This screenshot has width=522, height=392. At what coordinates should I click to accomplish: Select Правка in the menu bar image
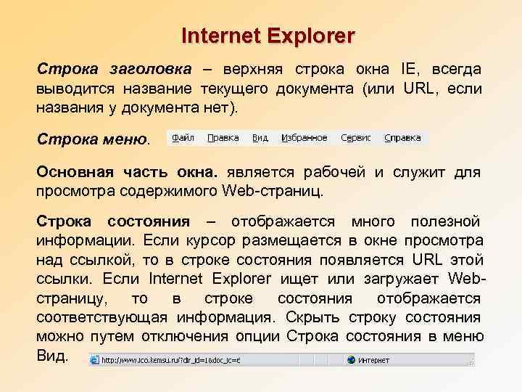tap(223, 137)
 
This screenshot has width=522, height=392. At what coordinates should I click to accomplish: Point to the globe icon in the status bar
tap(352, 360)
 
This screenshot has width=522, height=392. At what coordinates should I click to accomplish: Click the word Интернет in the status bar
tap(374, 360)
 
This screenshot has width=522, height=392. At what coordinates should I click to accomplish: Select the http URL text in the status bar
tap(171, 360)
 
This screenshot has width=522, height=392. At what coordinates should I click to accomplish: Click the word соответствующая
tap(102, 317)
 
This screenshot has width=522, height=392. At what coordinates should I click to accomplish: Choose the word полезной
tap(445, 221)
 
